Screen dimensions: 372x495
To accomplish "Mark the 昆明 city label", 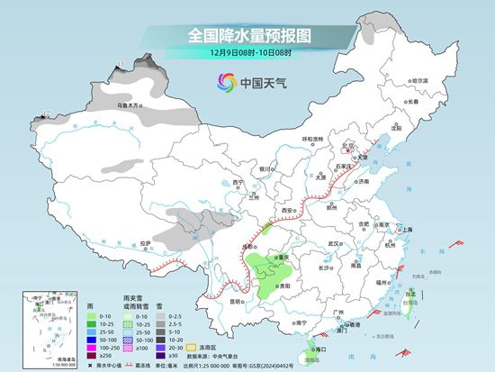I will click(x=236, y=301).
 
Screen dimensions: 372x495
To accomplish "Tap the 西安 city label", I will click(x=287, y=209).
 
